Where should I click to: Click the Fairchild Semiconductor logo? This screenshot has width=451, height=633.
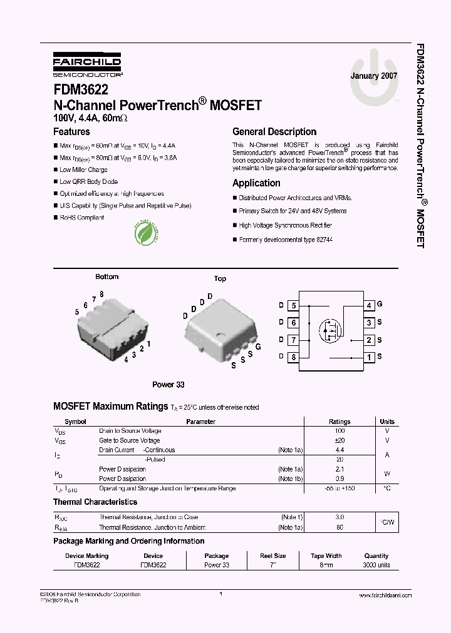click(x=87, y=65)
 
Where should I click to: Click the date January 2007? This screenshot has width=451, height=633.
click(x=374, y=76)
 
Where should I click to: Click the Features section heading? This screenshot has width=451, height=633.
click(x=71, y=132)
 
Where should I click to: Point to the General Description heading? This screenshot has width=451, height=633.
click(x=274, y=132)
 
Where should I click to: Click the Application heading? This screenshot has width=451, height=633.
click(x=256, y=183)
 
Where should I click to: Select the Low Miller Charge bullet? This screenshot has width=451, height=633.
click(x=83, y=170)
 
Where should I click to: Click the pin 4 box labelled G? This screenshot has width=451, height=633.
click(x=370, y=306)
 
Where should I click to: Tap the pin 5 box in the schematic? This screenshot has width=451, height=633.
click(x=293, y=306)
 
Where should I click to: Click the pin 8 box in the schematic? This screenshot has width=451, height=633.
click(x=293, y=357)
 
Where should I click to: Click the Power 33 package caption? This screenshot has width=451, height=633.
click(x=168, y=385)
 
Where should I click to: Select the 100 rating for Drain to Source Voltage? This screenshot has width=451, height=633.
click(x=340, y=431)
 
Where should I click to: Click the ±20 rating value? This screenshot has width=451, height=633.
click(x=340, y=440)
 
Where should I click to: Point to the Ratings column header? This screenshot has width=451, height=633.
click(x=340, y=422)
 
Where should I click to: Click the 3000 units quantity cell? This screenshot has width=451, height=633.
click(x=376, y=565)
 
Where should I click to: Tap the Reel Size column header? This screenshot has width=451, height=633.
click(x=273, y=555)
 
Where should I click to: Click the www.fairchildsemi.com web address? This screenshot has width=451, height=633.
click(x=383, y=596)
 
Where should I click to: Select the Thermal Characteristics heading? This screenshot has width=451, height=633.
click(x=95, y=502)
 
